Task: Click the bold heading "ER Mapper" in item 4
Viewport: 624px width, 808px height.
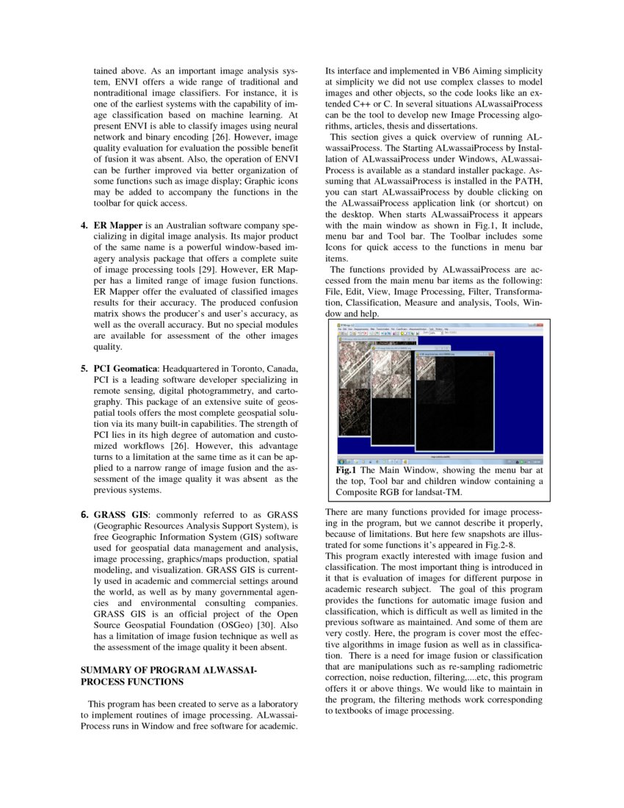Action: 117,223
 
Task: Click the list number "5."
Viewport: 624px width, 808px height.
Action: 84,367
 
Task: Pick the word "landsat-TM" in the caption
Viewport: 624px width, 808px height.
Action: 437,491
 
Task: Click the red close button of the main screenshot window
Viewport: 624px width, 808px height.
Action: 541,325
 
